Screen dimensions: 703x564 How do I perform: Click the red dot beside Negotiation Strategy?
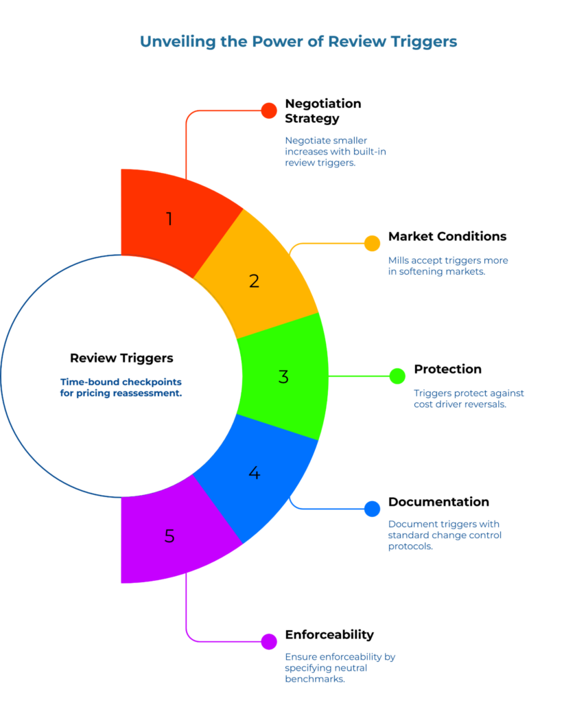(269, 111)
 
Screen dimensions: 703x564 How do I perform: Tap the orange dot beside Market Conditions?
(372, 243)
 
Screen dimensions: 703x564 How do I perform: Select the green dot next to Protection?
(397, 376)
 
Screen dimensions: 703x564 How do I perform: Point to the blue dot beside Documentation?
(372, 509)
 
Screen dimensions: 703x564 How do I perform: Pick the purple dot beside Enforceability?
(269, 641)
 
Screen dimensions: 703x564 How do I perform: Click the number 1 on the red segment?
(169, 219)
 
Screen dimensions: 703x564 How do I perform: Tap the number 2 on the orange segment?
(254, 281)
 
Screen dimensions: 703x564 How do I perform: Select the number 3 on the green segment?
(283, 377)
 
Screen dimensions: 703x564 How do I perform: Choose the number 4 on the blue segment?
(255, 473)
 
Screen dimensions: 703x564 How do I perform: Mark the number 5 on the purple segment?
(169, 535)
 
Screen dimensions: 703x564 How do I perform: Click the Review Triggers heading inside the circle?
(121, 358)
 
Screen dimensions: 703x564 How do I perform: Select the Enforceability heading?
(329, 634)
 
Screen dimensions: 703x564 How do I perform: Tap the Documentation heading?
(438, 502)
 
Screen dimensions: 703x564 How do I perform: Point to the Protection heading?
(447, 369)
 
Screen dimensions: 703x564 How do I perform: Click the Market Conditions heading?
(447, 237)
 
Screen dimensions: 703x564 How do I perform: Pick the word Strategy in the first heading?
(312, 119)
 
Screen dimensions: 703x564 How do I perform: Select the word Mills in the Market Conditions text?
(400, 260)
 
